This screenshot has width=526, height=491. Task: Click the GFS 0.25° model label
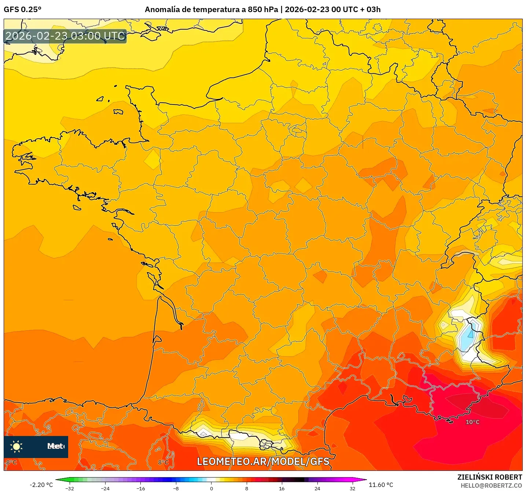22,10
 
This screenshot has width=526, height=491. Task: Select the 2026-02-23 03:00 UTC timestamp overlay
65,36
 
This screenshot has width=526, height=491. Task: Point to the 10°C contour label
472,422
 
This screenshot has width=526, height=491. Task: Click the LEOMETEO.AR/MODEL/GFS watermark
263,461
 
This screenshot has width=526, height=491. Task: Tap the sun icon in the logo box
16,446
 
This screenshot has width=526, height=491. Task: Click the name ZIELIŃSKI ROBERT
489,477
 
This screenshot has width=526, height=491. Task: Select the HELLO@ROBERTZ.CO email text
491,485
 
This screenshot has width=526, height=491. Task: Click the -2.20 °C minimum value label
41,485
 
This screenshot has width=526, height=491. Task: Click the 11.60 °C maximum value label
381,485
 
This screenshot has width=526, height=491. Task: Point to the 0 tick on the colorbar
211,488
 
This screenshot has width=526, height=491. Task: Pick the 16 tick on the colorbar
282,488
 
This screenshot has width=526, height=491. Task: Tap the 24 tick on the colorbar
317,488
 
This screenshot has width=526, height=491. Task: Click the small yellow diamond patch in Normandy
152,160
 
